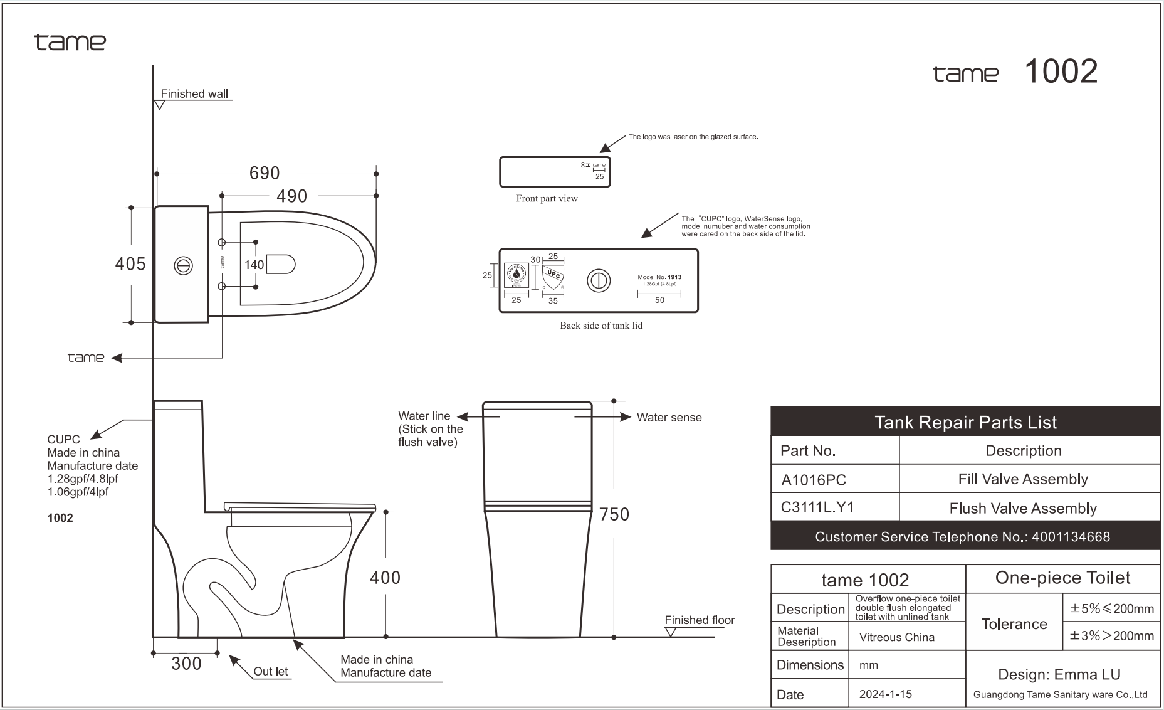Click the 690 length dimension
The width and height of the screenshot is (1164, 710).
click(x=265, y=173)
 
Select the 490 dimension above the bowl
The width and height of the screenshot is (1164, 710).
click(x=292, y=196)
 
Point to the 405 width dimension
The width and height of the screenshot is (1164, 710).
click(x=130, y=264)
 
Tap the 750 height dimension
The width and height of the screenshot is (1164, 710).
click(x=614, y=514)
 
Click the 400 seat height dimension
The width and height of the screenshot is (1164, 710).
click(x=385, y=577)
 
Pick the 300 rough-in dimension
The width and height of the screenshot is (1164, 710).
click(x=186, y=664)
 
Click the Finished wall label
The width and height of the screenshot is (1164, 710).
click(x=194, y=94)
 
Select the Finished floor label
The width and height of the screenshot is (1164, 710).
click(x=700, y=620)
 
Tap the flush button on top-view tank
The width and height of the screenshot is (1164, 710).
click(x=183, y=266)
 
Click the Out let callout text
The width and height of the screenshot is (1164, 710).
click(x=271, y=671)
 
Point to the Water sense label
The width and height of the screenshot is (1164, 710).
click(x=669, y=418)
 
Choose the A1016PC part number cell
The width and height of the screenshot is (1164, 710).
click(x=814, y=480)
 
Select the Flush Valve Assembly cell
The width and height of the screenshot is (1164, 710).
click(x=1023, y=508)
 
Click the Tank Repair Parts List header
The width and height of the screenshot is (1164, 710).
click(x=965, y=423)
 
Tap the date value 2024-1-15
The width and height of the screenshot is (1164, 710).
click(x=885, y=694)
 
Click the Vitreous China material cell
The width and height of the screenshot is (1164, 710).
click(x=896, y=637)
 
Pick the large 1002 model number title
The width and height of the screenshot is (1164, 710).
click(x=1061, y=72)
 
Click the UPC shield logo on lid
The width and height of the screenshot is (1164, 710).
click(x=553, y=277)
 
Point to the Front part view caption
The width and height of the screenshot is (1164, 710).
click(x=547, y=198)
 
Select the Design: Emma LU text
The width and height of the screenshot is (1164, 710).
click(x=1059, y=675)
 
